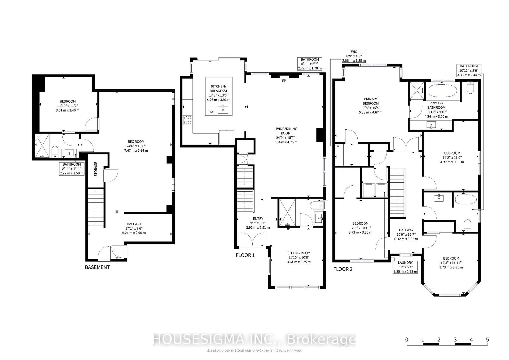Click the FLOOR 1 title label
tap(245, 255)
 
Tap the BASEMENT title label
tap(97, 267)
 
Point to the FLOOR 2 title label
tap(343, 269)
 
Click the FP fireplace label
tap(284, 81)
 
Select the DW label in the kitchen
tap(211, 112)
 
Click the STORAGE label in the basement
tap(96, 169)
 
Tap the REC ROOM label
tap(136, 142)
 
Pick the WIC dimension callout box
tap(354, 56)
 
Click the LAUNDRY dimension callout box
tap(405, 267)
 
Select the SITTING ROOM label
tap(299, 253)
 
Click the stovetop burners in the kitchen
tap(188, 120)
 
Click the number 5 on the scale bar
tap(487, 340)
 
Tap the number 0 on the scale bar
tap(407, 340)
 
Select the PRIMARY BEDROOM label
tap(371, 101)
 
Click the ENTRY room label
tap(258, 219)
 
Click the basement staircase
tap(96, 208)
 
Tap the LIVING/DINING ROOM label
tap(286, 131)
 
